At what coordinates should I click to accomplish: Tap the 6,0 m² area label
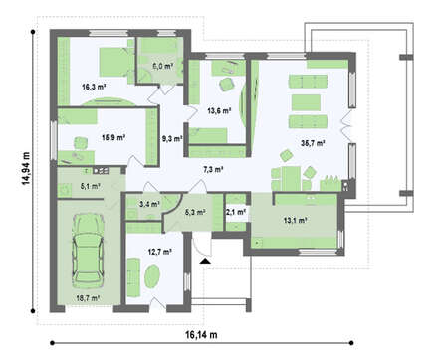[x=162, y=67]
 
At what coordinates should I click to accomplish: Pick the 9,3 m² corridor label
[x=171, y=139]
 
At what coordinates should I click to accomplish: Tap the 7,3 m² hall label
[x=213, y=170]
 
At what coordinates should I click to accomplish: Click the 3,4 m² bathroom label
[x=148, y=205]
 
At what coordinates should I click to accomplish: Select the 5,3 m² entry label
[x=195, y=211]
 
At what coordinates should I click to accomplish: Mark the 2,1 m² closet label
[x=235, y=211]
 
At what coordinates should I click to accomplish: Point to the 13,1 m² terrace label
[x=294, y=220]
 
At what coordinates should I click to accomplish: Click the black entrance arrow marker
[x=204, y=261]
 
